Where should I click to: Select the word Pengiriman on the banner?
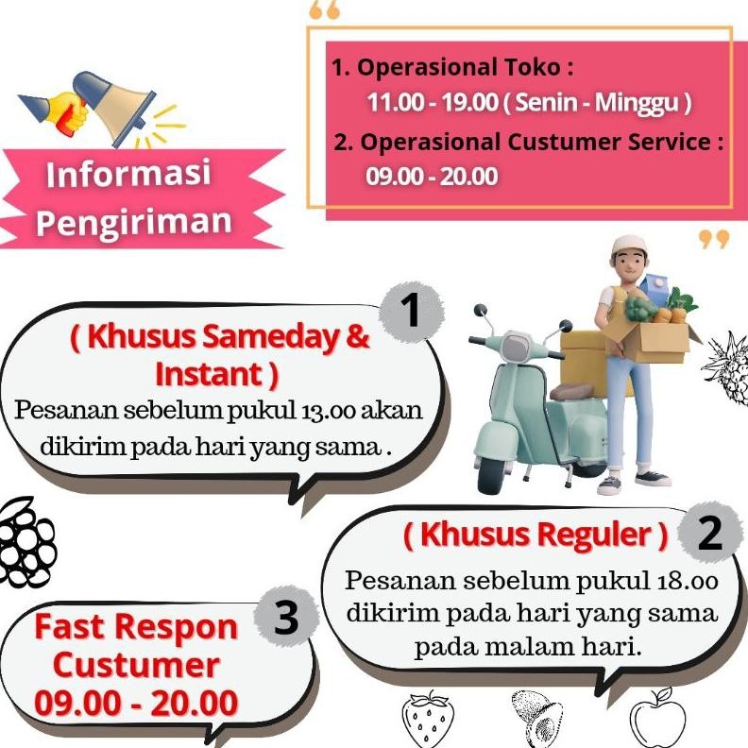[x=133, y=221]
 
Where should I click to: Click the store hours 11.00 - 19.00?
[x=433, y=102]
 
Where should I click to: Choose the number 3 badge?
[x=285, y=620]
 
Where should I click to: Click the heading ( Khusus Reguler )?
[x=535, y=535]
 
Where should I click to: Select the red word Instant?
[x=216, y=374]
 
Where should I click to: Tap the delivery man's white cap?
[x=631, y=248]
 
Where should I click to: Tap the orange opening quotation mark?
[x=324, y=11]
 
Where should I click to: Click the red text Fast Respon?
[x=136, y=626]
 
